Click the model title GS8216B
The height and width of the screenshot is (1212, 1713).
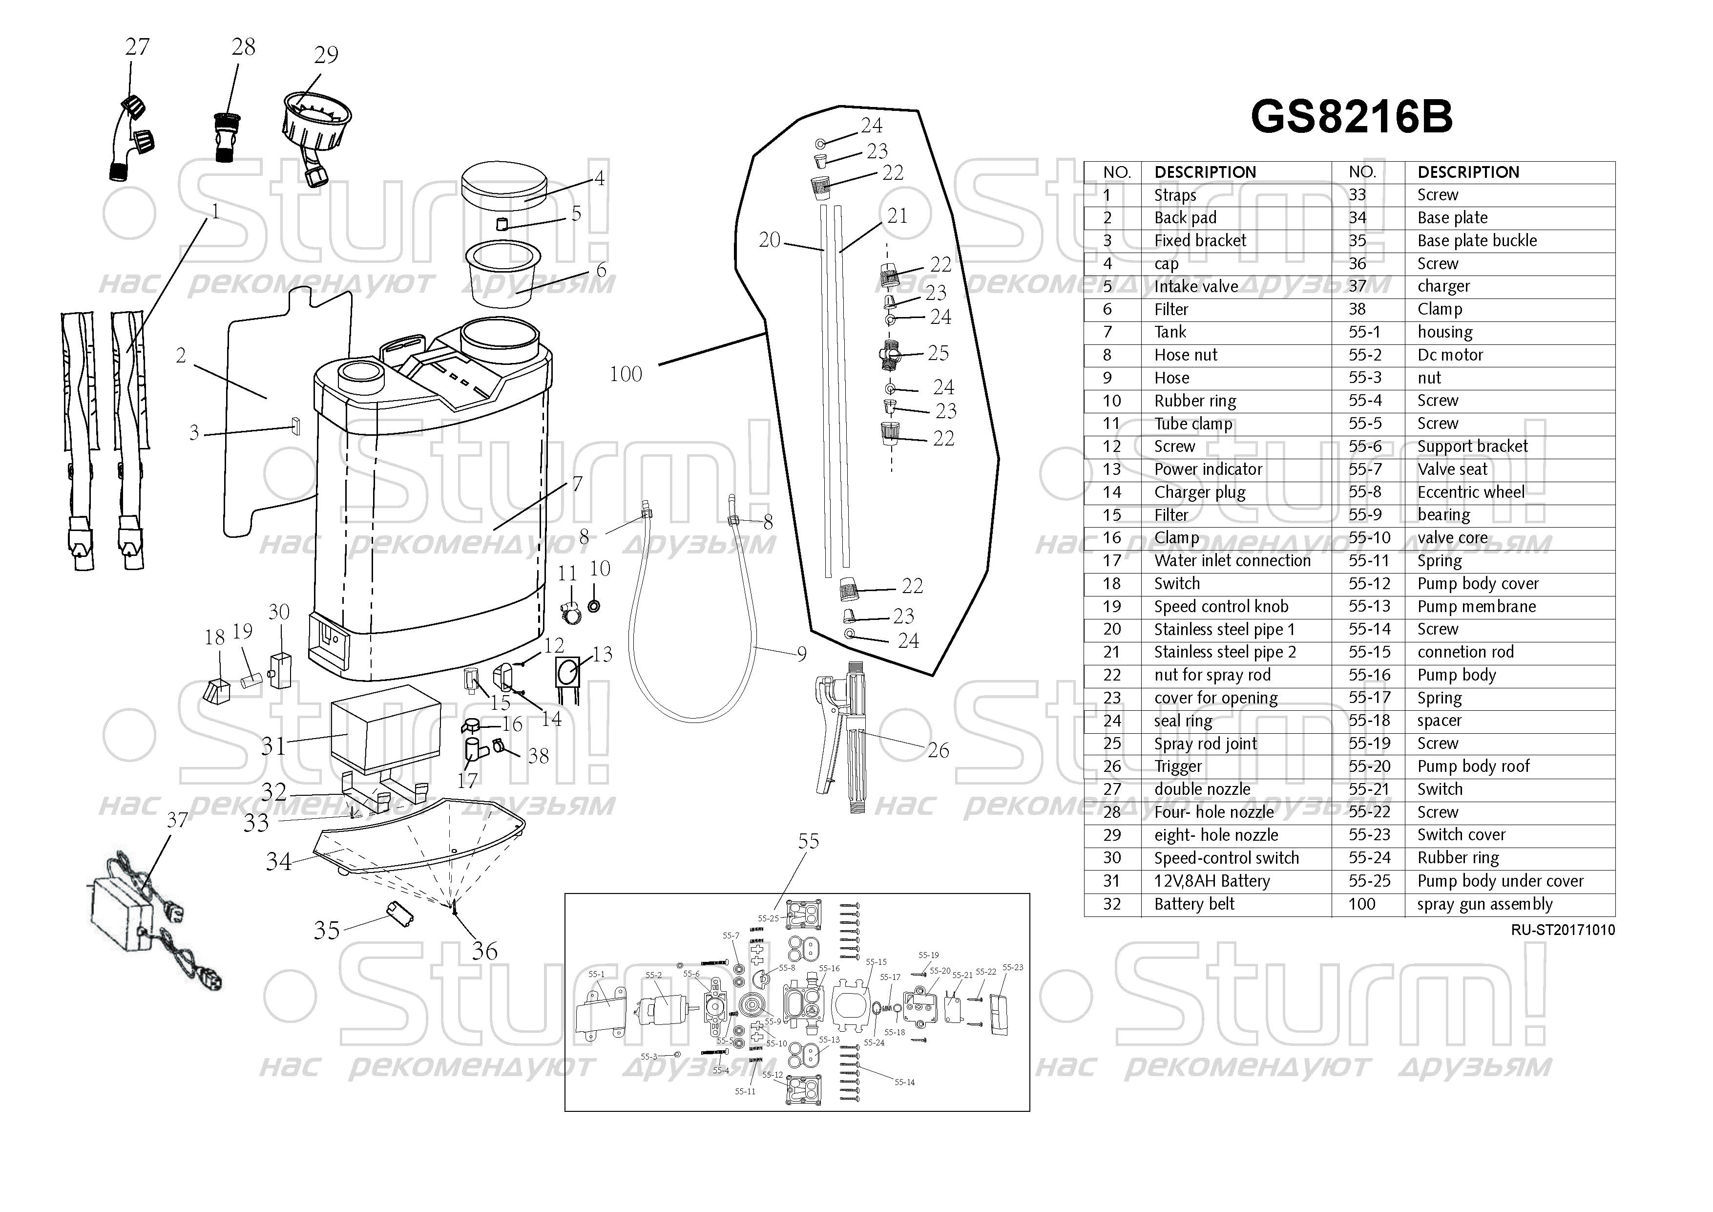[x=1351, y=117]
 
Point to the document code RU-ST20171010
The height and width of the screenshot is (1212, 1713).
[x=1562, y=930]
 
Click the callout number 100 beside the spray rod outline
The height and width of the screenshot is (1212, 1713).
[x=625, y=374]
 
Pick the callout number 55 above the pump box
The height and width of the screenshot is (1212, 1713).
[x=808, y=841]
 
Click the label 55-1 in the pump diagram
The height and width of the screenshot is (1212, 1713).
[x=596, y=974]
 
